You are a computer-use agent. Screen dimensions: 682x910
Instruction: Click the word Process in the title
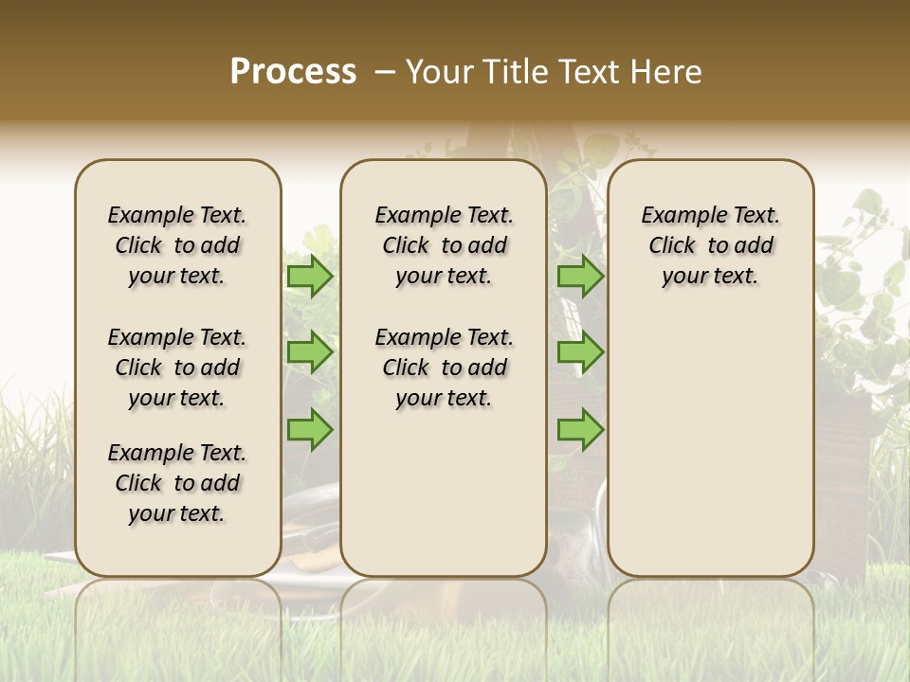[293, 71]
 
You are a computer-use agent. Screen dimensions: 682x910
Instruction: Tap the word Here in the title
[667, 72]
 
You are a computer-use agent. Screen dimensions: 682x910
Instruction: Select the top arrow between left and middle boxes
[309, 276]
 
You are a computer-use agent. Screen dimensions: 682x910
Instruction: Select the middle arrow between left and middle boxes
[309, 352]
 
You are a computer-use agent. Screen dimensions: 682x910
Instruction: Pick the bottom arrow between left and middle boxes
[309, 429]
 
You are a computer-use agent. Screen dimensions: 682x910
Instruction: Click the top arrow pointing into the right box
[580, 276]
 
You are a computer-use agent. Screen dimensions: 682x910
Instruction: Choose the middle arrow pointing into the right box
[580, 352]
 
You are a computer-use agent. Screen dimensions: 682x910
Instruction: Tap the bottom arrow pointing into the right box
[580, 429]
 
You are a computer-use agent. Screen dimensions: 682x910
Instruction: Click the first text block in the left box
[177, 245]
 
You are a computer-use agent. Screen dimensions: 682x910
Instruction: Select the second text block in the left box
[177, 368]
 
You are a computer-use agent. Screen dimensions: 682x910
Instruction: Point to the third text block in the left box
[177, 483]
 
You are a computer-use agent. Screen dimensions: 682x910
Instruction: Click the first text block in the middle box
[444, 245]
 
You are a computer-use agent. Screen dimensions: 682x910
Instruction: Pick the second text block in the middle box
[444, 368]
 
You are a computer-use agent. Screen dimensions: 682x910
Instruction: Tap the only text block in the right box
[710, 245]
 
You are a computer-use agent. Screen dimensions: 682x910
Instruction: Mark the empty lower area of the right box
[710, 445]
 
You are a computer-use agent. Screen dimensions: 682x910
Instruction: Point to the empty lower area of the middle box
[444, 493]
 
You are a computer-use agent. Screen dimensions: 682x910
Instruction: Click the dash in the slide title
[385, 72]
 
